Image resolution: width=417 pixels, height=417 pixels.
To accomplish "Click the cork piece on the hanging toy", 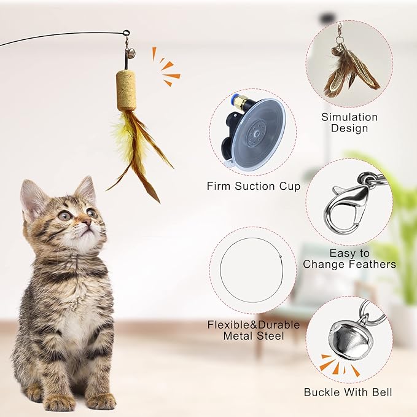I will pyautogui.click(x=127, y=90).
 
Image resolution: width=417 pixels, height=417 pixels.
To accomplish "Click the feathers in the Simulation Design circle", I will pyautogui.click(x=350, y=71).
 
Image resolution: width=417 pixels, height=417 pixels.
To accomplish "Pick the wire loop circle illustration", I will pyautogui.click(x=252, y=271).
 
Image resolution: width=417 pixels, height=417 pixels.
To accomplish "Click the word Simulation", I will pyautogui.click(x=349, y=117).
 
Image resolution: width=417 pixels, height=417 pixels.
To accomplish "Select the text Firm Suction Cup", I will pyautogui.click(x=253, y=186).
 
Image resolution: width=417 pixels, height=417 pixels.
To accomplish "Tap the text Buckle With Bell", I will pyautogui.click(x=348, y=392).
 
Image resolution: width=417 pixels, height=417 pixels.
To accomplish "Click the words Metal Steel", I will pyautogui.click(x=252, y=337).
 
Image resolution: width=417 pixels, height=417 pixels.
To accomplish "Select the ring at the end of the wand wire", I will pyautogui.click(x=126, y=34).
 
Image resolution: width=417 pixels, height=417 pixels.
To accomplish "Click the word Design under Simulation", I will pyautogui.click(x=349, y=128).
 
